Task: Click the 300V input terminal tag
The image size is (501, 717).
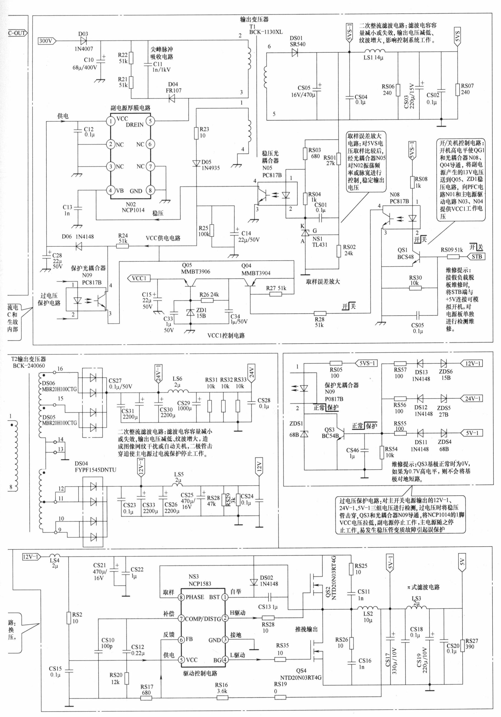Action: (47, 41)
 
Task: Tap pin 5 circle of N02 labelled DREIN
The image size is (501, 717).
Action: (150, 121)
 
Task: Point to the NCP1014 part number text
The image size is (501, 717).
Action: (133, 210)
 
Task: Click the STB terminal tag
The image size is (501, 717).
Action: (476, 257)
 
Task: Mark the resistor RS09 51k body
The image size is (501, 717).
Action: (453, 257)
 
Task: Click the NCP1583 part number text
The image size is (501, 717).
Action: (200, 583)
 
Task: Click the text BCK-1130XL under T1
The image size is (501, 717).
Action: (266, 32)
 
